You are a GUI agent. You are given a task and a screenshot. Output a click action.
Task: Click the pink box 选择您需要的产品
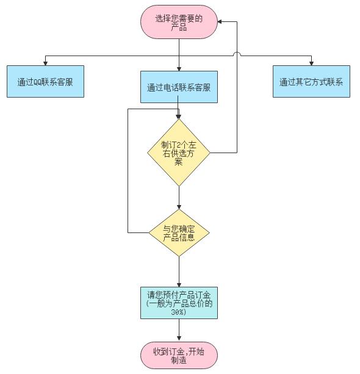179,22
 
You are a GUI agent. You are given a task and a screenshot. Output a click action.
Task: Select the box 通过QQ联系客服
45,81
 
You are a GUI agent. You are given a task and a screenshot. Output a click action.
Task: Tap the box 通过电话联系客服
179,87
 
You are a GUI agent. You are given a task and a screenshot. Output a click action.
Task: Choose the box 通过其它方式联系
311,81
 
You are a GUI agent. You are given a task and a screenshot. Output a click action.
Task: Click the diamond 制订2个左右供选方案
179,153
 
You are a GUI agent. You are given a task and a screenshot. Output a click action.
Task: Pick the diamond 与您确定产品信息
179,233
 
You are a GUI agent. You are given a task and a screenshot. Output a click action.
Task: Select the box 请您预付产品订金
179,303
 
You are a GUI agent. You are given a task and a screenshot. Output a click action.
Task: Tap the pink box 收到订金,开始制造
179,356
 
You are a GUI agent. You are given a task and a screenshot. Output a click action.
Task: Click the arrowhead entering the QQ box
45,63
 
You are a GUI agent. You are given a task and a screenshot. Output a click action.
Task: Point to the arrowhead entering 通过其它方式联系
311,63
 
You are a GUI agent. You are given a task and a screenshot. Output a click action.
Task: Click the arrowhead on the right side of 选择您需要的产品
220,22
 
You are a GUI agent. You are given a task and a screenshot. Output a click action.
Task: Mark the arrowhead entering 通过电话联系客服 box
179,69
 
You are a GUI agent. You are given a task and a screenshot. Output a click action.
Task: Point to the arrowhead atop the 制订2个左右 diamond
179,117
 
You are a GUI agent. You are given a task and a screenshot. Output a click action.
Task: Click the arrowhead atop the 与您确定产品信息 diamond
179,207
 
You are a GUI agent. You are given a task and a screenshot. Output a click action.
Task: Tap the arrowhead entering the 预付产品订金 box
179,285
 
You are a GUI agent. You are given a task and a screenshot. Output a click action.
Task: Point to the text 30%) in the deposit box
178,312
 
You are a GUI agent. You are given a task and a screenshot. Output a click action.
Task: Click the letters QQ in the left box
38,82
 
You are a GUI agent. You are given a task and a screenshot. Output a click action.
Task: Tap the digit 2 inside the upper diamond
178,145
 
